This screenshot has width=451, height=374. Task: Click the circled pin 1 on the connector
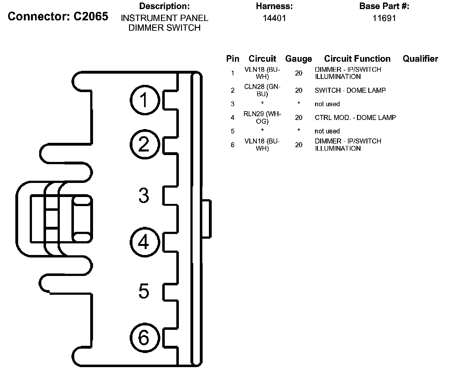145,100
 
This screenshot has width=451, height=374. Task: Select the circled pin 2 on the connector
145,144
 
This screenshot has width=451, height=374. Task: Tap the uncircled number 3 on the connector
144,195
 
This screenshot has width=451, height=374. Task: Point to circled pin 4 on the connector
145,242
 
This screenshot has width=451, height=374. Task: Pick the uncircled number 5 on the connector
144,291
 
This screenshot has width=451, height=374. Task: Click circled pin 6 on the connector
145,338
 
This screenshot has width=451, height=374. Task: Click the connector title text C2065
91,16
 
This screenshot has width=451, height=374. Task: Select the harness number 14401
274,18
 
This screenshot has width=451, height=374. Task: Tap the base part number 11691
384,18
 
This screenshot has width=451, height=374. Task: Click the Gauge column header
299,59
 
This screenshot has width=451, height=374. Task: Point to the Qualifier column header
420,59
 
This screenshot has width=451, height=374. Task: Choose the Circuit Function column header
357,59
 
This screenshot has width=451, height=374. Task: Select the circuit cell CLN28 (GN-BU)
262,90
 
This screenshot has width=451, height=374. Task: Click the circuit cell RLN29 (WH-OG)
262,117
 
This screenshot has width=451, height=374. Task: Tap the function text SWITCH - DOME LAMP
350,90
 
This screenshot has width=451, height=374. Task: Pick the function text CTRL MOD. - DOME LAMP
355,117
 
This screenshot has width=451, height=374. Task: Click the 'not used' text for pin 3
327,104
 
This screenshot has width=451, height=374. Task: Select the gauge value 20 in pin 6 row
299,145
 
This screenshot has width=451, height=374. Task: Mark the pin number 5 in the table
233,131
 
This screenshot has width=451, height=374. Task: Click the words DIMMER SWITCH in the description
164,28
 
